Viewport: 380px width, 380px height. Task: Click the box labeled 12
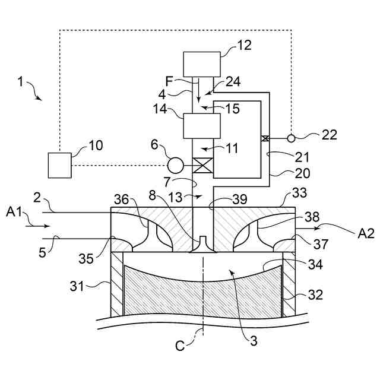coord(202,64)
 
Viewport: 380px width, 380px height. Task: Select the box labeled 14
coord(202,126)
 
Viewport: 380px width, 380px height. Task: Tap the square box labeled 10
coord(59,165)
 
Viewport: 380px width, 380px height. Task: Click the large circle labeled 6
coord(175,166)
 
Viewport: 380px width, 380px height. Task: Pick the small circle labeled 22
coord(291,138)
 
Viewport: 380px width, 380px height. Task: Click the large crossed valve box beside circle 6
coord(202,165)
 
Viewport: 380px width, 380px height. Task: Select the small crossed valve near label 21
coord(265,138)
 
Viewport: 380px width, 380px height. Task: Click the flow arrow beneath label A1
coord(38,226)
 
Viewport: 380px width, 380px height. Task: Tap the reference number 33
coord(299,193)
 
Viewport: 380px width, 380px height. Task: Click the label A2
coord(366,233)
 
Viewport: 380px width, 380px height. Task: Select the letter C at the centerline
coord(180,346)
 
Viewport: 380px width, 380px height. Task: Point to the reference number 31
coord(77,286)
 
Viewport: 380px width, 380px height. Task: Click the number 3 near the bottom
coord(254,341)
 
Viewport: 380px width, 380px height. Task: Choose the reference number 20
coord(302,173)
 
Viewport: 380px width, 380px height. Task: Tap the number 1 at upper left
coord(21,82)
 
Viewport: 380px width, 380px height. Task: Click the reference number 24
coord(233,81)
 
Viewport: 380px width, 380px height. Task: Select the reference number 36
coord(121,199)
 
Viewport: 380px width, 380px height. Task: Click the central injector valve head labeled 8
coord(202,245)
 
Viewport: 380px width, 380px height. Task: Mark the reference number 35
coord(85,259)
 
